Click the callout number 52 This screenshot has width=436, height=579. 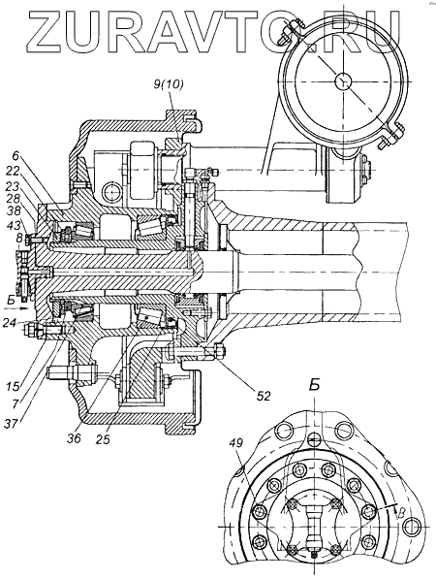click(x=263, y=396)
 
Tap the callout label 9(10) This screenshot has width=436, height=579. click(x=169, y=84)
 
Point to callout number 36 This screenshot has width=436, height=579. click(x=74, y=438)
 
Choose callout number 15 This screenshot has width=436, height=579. click(x=13, y=388)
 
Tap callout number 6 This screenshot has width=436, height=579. click(x=16, y=156)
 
